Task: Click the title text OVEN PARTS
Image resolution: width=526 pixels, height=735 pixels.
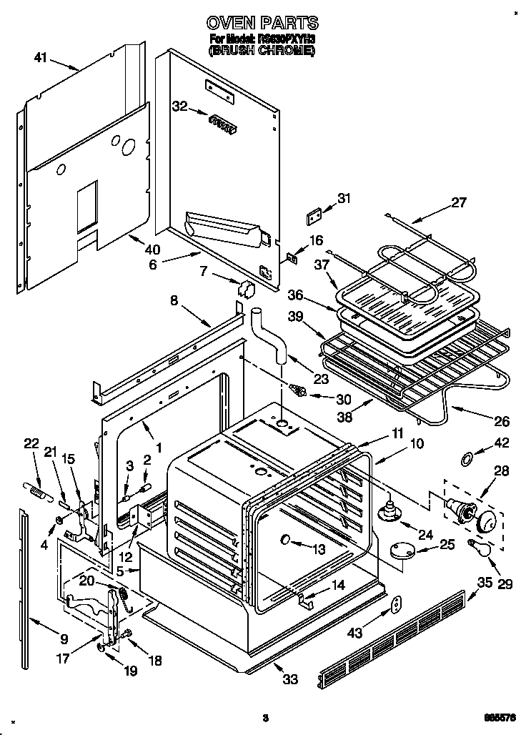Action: [262, 23]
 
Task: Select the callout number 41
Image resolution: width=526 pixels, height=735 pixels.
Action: [41, 58]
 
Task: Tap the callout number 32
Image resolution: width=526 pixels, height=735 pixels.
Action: [179, 107]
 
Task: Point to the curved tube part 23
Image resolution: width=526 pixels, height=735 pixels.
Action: [269, 335]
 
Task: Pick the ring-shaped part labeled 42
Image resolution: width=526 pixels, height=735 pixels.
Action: [465, 458]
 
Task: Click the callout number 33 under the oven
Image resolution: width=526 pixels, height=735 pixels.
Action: [289, 679]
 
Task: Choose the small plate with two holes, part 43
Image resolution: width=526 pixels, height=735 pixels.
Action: [396, 606]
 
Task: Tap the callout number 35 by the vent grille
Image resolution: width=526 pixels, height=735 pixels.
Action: [485, 581]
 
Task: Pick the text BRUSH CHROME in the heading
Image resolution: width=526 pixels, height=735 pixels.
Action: [262, 51]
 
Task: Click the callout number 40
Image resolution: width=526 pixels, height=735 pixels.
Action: [152, 250]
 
